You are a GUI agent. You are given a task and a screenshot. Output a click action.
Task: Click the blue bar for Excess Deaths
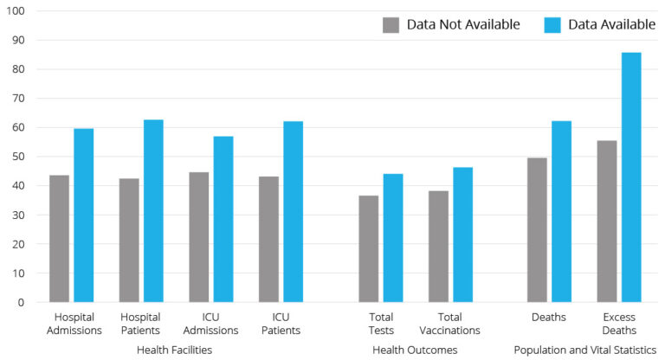[x=631, y=177]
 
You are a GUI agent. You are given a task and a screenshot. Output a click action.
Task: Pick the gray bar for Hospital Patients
[x=129, y=241]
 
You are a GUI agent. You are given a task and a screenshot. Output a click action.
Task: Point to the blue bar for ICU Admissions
[x=223, y=219]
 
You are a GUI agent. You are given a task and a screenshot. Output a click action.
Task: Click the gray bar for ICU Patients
[x=268, y=240]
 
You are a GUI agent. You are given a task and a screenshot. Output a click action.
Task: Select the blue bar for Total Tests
[x=393, y=238]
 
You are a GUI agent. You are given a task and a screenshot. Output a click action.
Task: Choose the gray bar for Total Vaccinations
[x=438, y=247]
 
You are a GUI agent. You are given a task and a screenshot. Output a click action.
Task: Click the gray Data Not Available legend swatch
[x=391, y=24]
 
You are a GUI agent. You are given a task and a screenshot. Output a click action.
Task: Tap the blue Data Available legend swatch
[x=552, y=24]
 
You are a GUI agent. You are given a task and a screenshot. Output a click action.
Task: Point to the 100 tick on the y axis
[x=16, y=11]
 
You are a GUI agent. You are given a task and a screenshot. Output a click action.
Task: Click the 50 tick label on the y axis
[x=18, y=157]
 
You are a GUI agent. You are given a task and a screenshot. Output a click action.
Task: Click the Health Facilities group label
[x=174, y=350]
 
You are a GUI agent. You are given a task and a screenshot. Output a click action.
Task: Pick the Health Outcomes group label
[x=415, y=350]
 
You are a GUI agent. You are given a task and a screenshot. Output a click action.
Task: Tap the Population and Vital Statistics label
[x=585, y=350]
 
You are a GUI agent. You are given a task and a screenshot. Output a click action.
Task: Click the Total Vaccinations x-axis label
[x=449, y=324]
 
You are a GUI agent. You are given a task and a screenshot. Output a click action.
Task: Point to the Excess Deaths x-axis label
[x=618, y=324]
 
